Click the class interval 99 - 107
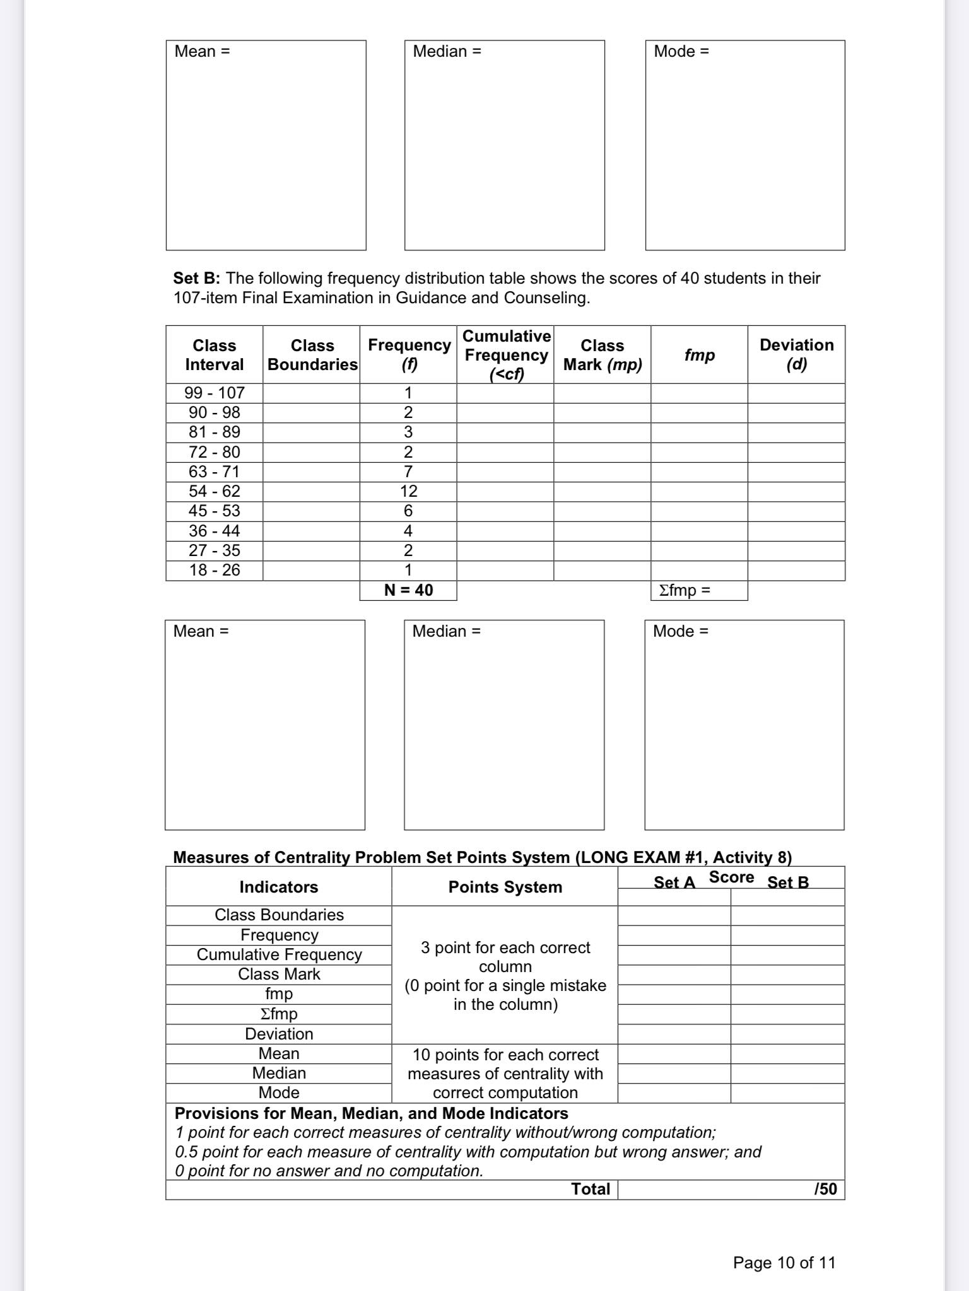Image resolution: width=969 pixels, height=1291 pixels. point(214,393)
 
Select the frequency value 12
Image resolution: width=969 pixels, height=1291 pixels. point(408,491)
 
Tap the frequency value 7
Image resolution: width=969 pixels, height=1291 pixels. point(408,472)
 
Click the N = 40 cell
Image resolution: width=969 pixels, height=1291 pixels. point(408,590)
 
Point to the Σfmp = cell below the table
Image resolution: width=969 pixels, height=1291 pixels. point(685,590)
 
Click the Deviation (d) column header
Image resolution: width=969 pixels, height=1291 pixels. point(796,354)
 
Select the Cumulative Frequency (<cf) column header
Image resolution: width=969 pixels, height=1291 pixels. point(506,354)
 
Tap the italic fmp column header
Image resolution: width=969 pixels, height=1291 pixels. point(699,355)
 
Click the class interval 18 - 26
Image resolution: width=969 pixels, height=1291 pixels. point(214,570)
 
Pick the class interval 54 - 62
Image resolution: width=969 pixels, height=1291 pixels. point(214,491)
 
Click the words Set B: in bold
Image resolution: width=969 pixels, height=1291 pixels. point(196,278)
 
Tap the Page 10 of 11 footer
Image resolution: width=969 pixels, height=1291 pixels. point(784,1263)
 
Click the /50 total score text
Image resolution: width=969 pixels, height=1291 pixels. point(825,1189)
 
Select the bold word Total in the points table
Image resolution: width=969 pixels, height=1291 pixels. point(590,1189)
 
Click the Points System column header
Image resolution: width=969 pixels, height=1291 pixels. point(505,887)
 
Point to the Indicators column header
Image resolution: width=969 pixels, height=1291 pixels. point(278,887)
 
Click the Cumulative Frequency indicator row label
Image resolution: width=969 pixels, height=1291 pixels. point(279,954)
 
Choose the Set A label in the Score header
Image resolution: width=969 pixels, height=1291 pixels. point(674,883)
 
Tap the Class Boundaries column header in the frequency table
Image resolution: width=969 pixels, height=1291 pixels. point(312,355)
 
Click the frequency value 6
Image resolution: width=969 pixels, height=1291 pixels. point(408,511)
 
